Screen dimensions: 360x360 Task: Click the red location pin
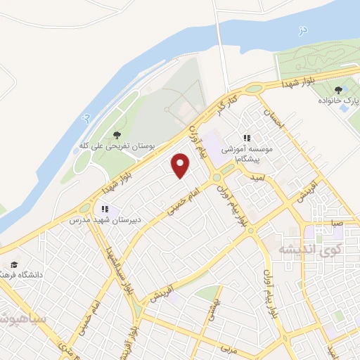pos(181,165)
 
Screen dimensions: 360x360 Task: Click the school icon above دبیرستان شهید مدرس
pos(105,209)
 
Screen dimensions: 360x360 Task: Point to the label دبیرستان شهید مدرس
pos(105,220)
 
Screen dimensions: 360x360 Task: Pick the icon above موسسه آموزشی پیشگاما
pos(246,139)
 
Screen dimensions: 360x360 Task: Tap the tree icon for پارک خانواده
pos(339,89)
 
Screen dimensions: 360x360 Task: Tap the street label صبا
pos(338,224)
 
